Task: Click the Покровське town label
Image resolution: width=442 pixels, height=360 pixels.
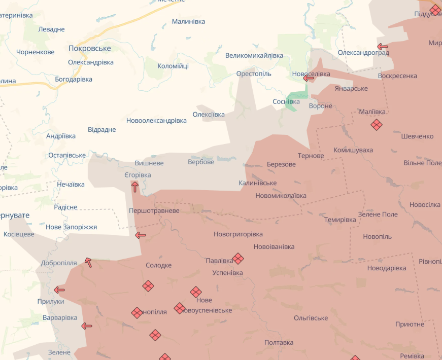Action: pyautogui.click(x=90, y=48)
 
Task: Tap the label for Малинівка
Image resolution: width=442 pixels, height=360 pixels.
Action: pyautogui.click(x=188, y=21)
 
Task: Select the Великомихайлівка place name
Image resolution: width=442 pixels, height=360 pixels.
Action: pyautogui.click(x=254, y=55)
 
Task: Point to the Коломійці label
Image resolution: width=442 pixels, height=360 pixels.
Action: pyautogui.click(x=173, y=66)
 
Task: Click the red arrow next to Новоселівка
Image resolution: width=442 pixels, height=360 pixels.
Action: pyautogui.click(x=309, y=78)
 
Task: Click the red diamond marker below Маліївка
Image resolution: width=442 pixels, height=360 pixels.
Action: pyautogui.click(x=376, y=124)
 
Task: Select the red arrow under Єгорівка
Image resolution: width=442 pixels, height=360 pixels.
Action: pyautogui.click(x=134, y=187)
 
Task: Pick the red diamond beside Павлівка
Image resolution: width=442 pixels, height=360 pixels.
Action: pyautogui.click(x=238, y=259)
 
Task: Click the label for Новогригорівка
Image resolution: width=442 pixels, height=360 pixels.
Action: pyautogui.click(x=238, y=234)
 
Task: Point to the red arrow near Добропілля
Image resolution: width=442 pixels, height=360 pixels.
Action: pyautogui.click(x=88, y=262)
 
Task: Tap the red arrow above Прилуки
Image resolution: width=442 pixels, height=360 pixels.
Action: pyautogui.click(x=59, y=290)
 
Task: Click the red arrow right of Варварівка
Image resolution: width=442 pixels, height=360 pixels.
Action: pyautogui.click(x=87, y=326)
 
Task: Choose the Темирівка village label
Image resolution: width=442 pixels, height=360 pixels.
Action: pyautogui.click(x=340, y=220)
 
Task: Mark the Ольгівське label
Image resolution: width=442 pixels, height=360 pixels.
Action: pyautogui.click(x=311, y=318)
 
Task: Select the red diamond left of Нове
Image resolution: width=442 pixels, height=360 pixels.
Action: pyautogui.click(x=196, y=292)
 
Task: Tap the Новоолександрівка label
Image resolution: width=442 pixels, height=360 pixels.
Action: pyautogui.click(x=157, y=121)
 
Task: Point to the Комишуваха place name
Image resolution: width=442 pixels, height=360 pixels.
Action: pyautogui.click(x=353, y=150)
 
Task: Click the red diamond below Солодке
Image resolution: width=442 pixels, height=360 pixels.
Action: pyautogui.click(x=148, y=286)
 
